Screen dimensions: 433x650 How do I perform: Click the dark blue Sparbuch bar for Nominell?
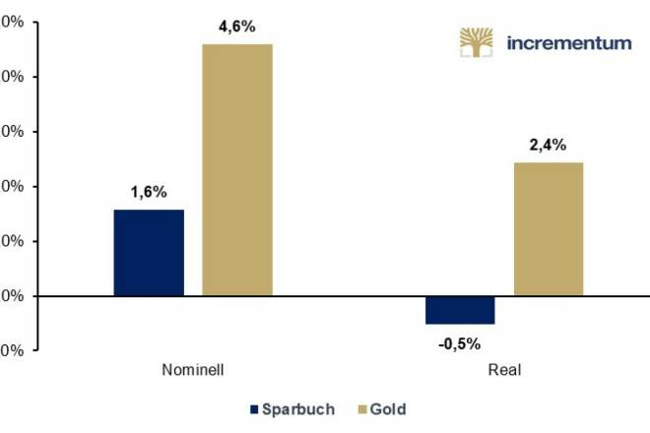149,252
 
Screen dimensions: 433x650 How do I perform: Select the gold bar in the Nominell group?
237,169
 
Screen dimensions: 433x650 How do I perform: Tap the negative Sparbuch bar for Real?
460,310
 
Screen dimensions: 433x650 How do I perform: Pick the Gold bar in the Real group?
549,228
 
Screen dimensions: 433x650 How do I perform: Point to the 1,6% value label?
149,192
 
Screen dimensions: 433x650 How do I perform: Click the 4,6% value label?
236,27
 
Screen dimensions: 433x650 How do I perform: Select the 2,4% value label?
548,145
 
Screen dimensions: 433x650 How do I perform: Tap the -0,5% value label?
459,343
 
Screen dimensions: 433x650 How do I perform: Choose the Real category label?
504,371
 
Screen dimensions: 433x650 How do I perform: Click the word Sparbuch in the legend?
299,408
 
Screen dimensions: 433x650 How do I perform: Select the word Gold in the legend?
388,408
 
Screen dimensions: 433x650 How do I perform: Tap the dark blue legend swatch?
255,408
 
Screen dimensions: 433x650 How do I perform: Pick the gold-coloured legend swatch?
359,408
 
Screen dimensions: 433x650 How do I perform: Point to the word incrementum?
568,43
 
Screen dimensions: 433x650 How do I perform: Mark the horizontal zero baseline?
325,296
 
